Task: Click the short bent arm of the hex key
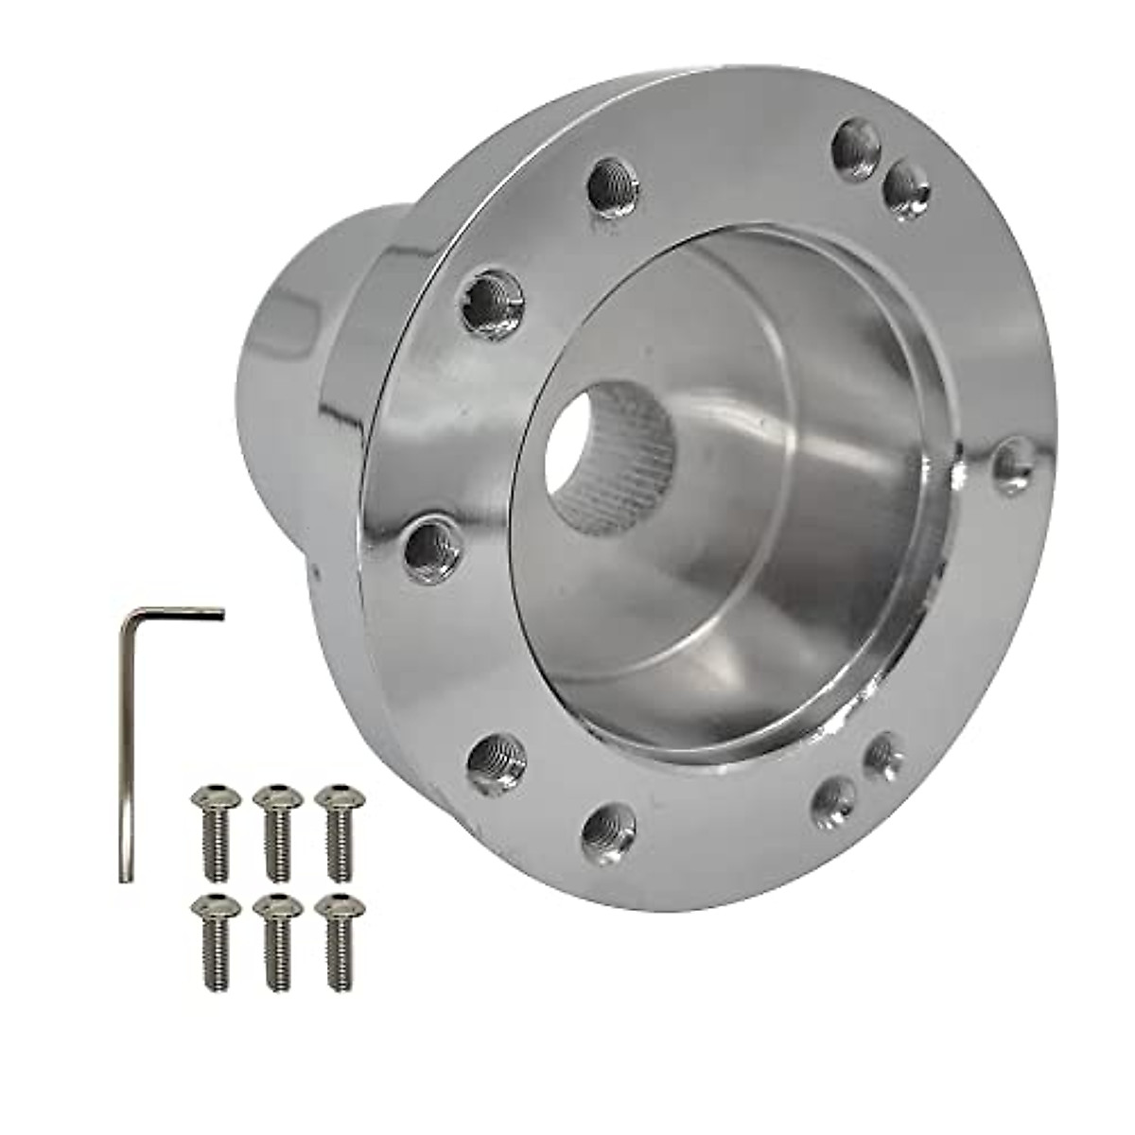pyautogui.click(x=180, y=613)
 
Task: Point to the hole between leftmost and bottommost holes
pyautogui.click(x=494, y=757)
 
